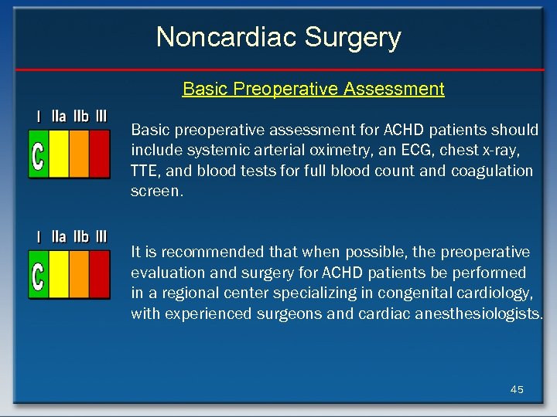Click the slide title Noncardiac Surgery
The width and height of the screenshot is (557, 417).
click(278, 37)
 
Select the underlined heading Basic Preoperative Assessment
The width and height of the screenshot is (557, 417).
click(313, 89)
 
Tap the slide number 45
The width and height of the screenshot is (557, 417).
click(517, 389)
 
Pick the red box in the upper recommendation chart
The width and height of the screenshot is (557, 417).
click(100, 154)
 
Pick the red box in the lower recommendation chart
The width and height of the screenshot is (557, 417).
click(100, 275)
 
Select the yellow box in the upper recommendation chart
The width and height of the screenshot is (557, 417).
click(59, 154)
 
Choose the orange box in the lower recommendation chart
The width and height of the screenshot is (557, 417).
click(80, 275)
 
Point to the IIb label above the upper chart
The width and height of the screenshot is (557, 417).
click(80, 117)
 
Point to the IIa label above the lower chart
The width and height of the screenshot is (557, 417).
click(59, 237)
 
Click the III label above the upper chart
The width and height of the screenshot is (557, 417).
click(101, 117)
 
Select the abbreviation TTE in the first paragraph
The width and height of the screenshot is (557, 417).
click(145, 171)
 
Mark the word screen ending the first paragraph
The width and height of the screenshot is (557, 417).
click(157, 192)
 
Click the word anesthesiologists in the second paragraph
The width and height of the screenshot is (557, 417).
click(480, 314)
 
